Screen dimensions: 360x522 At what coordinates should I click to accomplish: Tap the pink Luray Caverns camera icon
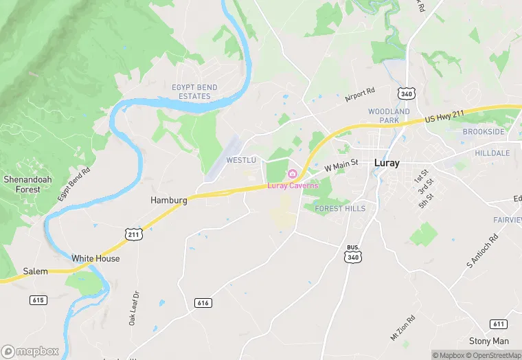point(292,173)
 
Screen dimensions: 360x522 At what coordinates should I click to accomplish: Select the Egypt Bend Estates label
point(194,92)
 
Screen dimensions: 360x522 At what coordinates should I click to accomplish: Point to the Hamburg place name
point(168,200)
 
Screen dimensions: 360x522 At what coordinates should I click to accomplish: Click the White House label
point(95,259)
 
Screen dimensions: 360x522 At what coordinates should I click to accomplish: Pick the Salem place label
point(35,271)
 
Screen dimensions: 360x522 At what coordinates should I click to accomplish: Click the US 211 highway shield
point(133,234)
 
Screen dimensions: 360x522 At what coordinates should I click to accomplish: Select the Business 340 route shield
point(353,254)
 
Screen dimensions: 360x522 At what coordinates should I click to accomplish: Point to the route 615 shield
point(38,300)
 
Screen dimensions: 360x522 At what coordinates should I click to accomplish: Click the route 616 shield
point(203,302)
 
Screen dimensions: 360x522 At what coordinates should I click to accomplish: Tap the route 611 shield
point(499,324)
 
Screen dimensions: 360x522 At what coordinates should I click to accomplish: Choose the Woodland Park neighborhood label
point(389,115)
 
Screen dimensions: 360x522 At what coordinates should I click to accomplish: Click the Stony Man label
point(489,341)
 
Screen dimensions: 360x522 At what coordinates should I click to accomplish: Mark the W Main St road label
point(341,165)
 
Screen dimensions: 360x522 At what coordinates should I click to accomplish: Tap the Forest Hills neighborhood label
point(340,208)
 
